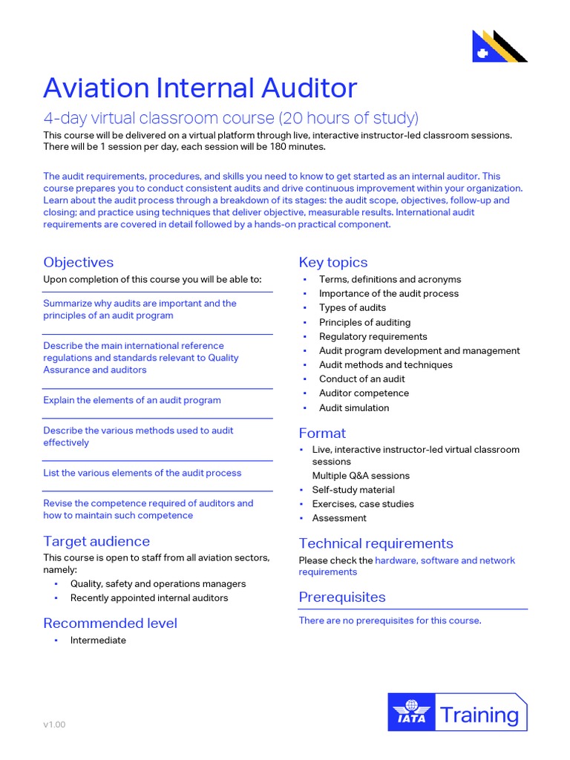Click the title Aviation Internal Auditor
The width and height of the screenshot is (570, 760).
[x=200, y=88]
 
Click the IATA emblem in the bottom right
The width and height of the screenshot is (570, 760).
[x=410, y=713]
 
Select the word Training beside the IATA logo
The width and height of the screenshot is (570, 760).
[x=479, y=715]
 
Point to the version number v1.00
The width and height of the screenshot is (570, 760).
[x=54, y=724]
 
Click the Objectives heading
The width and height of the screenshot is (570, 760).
[x=78, y=262]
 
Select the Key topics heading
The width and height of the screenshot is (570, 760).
[x=332, y=262]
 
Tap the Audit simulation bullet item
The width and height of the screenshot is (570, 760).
[x=353, y=407]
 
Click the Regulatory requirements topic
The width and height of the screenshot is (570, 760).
[x=373, y=336]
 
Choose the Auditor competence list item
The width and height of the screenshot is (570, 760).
[x=364, y=393]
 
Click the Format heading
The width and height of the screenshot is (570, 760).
[x=322, y=433]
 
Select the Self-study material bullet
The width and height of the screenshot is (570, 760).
[x=353, y=490]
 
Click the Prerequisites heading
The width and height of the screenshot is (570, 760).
[x=341, y=597]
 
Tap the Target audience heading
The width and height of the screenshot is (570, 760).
[x=96, y=541]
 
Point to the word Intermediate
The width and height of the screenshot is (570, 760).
[x=98, y=641]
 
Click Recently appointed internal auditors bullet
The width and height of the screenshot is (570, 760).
[x=149, y=598]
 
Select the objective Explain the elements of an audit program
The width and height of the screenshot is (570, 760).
[x=131, y=400]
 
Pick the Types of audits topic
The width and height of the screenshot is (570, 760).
[x=353, y=307]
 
